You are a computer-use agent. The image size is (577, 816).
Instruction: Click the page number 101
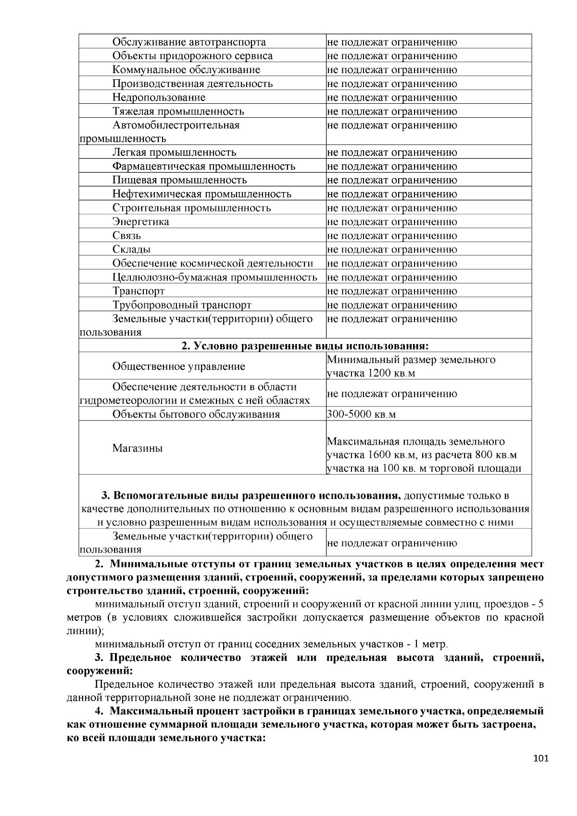[x=540, y=759]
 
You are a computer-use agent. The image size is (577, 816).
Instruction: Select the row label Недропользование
[x=159, y=98]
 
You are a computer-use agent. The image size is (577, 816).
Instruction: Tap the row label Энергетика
[x=140, y=222]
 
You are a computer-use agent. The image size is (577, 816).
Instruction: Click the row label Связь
[x=126, y=236]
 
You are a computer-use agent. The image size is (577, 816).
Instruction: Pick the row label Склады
[x=131, y=249]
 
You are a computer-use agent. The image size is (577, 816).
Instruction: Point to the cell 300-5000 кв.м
[x=361, y=414]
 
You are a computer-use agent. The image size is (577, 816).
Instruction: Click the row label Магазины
[x=138, y=448]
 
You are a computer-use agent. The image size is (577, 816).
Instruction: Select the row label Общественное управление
[x=178, y=367]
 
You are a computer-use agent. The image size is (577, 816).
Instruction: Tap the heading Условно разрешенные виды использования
[x=305, y=346]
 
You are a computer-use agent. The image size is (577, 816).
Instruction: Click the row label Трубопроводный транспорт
[x=182, y=305]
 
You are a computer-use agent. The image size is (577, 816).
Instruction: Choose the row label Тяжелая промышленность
[x=178, y=111]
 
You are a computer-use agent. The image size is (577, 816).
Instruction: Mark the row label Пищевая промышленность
[x=179, y=180]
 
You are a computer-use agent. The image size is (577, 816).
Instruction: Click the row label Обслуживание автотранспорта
[x=189, y=42]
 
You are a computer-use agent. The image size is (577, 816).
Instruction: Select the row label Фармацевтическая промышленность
[x=204, y=166]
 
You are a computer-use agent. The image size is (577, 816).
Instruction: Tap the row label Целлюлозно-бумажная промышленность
[x=214, y=277]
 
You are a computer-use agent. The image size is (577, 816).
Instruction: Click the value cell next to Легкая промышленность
[x=392, y=153]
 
